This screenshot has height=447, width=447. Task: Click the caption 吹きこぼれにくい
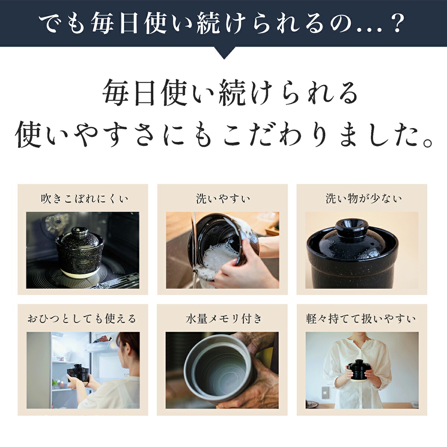[84, 199]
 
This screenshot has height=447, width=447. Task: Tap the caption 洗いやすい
[223, 199]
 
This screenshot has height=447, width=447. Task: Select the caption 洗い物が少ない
[363, 199]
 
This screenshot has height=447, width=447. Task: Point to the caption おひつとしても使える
[82, 319]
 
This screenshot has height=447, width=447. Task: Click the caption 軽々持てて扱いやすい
[361, 319]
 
